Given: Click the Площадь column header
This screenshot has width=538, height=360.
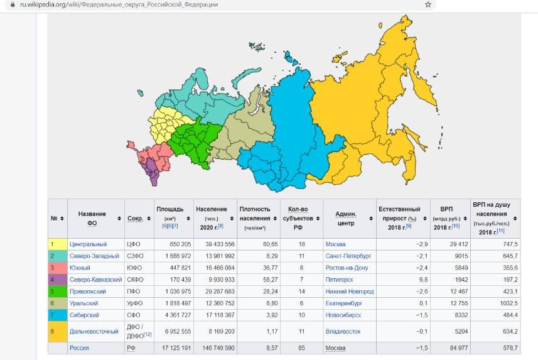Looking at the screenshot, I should click(x=169, y=209).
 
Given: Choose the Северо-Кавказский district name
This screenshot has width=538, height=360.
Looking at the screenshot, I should click(x=95, y=280).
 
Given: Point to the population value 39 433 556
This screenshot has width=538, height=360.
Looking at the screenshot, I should click(x=215, y=244).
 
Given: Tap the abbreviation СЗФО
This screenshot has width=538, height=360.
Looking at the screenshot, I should click(x=135, y=256).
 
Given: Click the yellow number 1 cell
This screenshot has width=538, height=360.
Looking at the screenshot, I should click(x=53, y=244).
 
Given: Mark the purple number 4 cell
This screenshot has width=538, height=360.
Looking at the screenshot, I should click(x=53, y=280).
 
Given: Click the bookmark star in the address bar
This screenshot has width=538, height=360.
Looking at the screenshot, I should click(x=428, y=4).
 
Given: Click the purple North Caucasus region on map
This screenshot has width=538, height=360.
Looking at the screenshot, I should click(x=151, y=170).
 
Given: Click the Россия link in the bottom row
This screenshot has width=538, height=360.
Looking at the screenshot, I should click(x=79, y=347).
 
